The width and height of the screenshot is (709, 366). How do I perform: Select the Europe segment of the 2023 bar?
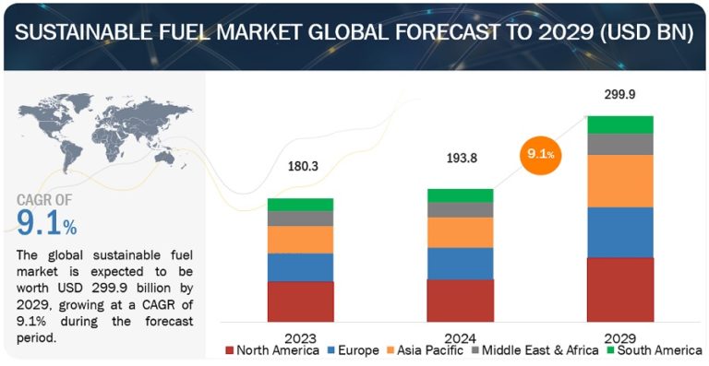point(300,267)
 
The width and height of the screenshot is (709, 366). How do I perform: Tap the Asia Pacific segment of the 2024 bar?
point(460,232)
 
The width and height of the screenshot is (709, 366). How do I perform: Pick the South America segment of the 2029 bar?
point(619,124)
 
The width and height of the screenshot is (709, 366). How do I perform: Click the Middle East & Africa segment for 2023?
point(300,218)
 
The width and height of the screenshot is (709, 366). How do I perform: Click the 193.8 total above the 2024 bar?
point(460,158)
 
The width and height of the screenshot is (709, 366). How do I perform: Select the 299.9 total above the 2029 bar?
point(619,94)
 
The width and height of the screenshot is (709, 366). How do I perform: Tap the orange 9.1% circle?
point(541,155)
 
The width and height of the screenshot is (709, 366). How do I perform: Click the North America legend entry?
point(273,350)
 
